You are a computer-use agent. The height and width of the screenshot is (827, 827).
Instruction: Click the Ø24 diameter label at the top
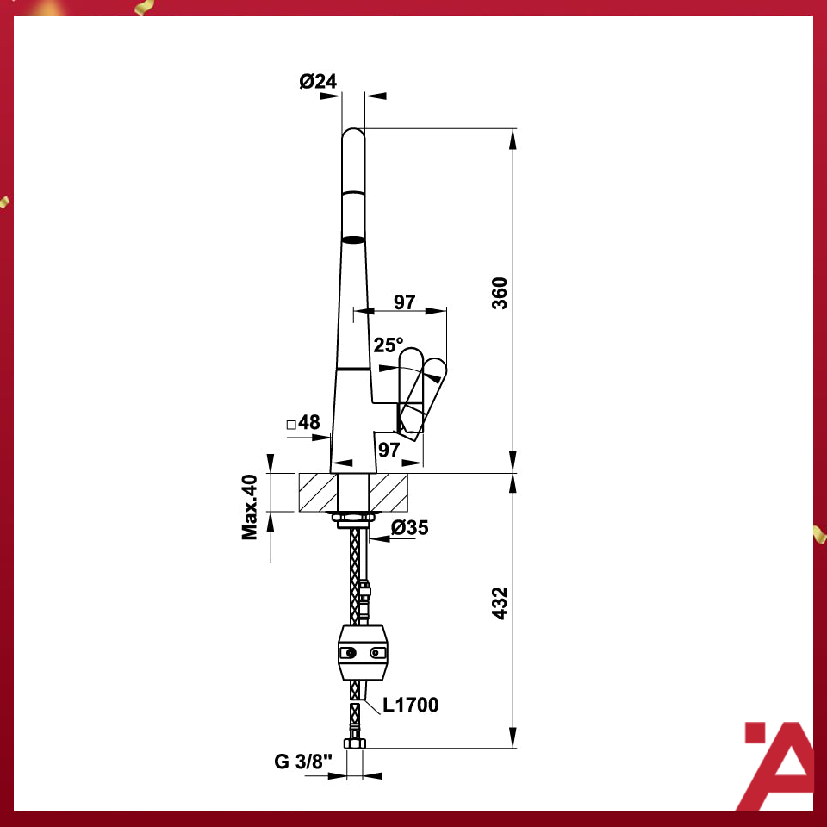[x=318, y=82]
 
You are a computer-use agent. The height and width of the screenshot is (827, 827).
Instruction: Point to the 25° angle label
[x=388, y=345]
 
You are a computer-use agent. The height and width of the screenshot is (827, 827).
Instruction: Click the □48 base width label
[x=303, y=423]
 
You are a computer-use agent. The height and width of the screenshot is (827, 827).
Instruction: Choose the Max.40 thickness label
[x=251, y=507]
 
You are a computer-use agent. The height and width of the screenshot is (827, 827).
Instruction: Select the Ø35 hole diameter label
[x=409, y=528]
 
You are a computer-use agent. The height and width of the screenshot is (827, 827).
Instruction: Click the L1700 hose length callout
[x=411, y=706]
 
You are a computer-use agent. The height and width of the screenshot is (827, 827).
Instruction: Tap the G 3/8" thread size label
[x=303, y=762]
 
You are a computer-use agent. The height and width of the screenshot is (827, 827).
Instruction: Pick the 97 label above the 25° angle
[x=404, y=302]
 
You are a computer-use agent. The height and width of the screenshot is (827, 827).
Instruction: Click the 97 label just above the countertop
[x=389, y=449]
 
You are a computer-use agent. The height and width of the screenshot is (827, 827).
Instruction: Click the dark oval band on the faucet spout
[x=353, y=239]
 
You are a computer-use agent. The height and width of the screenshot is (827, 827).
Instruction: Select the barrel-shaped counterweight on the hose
[x=363, y=654]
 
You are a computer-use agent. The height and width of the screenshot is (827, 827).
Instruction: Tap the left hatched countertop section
[x=316, y=493]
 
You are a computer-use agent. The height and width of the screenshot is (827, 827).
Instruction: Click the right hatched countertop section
[x=391, y=493]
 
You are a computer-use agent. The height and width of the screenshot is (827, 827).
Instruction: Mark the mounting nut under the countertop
[x=352, y=519]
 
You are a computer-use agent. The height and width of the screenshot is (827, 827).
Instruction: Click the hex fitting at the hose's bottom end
[x=353, y=743]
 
